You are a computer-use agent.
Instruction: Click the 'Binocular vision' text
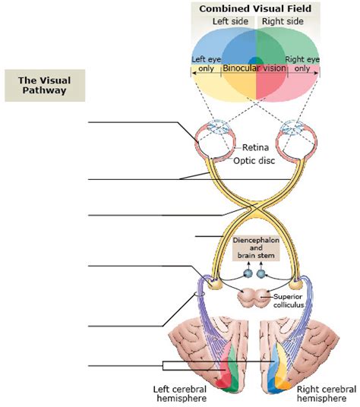pos(254,68)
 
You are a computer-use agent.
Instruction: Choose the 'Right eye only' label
pos(301,63)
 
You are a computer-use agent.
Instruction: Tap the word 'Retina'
pos(256,148)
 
